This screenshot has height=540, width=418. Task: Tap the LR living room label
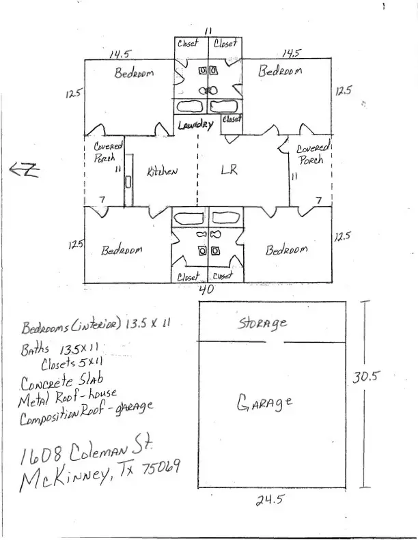[x=228, y=171]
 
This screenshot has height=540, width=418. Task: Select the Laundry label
[x=196, y=124]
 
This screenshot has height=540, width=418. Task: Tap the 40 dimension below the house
[x=206, y=289]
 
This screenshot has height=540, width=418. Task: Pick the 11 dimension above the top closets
[x=208, y=30]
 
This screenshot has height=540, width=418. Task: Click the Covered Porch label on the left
[x=108, y=152]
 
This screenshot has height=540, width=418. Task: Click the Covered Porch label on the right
[x=313, y=154]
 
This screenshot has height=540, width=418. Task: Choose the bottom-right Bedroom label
[x=286, y=250]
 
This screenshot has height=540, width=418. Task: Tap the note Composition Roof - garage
[x=87, y=413]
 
